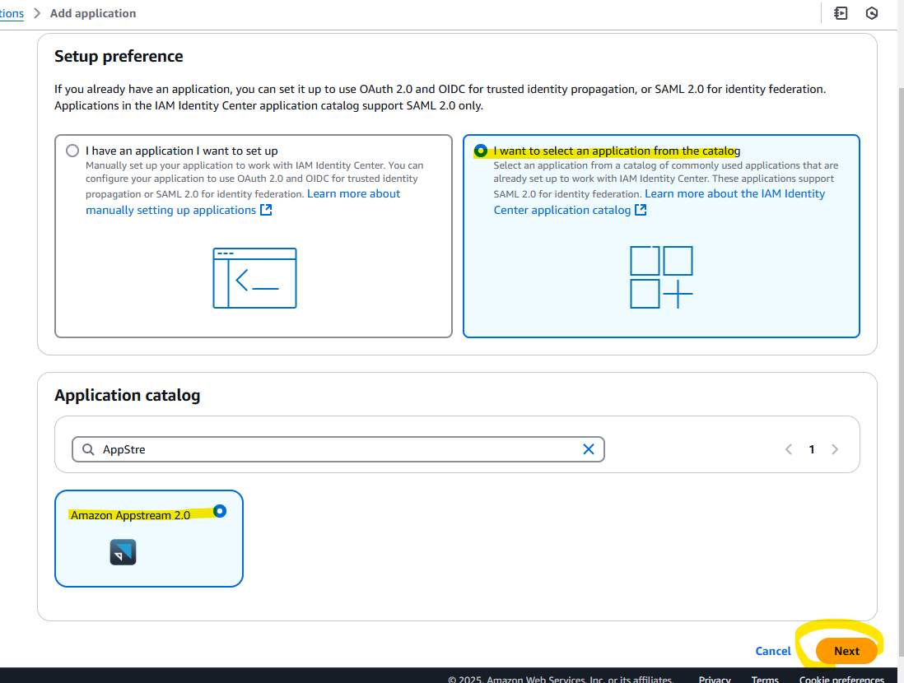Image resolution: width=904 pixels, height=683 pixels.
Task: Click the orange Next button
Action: click(846, 651)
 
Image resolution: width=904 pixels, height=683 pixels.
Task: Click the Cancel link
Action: click(772, 651)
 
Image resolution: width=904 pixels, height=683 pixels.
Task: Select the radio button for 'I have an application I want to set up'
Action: click(72, 151)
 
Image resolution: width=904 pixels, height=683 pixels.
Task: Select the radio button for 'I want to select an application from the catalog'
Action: click(480, 151)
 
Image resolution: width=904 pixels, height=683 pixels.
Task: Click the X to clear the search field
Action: click(588, 449)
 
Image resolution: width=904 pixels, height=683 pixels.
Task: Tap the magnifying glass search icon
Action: click(88, 449)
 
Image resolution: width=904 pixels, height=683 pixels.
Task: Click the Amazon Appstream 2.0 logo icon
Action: click(123, 552)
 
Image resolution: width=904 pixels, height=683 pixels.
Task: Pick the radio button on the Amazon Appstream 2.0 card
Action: click(220, 511)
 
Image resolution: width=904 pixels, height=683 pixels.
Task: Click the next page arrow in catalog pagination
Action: click(835, 449)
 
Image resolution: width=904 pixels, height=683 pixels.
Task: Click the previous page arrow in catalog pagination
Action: click(789, 449)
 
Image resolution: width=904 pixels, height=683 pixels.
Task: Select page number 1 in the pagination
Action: click(812, 449)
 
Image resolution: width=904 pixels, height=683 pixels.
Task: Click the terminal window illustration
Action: click(255, 278)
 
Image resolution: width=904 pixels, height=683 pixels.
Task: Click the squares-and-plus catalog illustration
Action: click(661, 277)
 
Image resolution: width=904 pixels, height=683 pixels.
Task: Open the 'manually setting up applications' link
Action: click(170, 210)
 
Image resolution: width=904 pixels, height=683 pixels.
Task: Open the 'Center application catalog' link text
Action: click(562, 210)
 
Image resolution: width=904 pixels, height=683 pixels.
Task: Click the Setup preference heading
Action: click(119, 57)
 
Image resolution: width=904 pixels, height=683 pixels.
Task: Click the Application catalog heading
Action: click(128, 395)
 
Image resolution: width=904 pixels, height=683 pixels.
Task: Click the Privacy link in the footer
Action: click(715, 679)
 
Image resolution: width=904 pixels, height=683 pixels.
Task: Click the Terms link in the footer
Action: click(765, 679)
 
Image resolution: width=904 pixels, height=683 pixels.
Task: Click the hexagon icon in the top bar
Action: click(872, 13)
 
